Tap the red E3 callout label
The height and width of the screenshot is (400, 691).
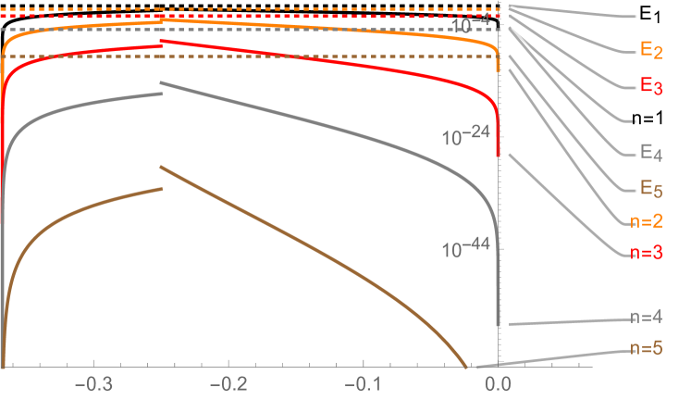(651, 85)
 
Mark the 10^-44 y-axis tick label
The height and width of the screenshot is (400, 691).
(467, 250)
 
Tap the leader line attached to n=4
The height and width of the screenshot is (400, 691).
(564, 321)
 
